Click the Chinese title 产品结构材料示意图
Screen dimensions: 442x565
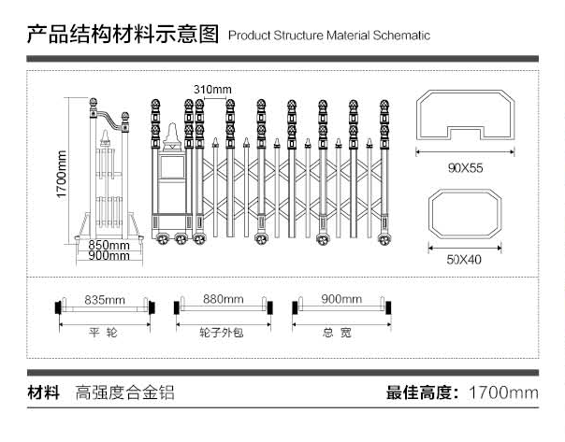[x=123, y=36]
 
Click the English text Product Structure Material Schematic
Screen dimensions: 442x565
[x=328, y=36]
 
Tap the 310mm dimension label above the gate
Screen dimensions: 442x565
[x=212, y=89]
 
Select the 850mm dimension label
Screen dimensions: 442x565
[x=109, y=246]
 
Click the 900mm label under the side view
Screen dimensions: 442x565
[x=109, y=256]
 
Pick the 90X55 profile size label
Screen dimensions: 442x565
[x=465, y=169]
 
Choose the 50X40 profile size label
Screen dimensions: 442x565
[x=464, y=260]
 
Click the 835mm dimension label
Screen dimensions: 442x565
[x=105, y=300]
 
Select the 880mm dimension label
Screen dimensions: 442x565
[x=224, y=300]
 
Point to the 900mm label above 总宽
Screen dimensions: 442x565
[x=340, y=300]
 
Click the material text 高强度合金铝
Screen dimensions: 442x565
[x=125, y=392]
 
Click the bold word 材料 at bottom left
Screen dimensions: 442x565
[x=44, y=392]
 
